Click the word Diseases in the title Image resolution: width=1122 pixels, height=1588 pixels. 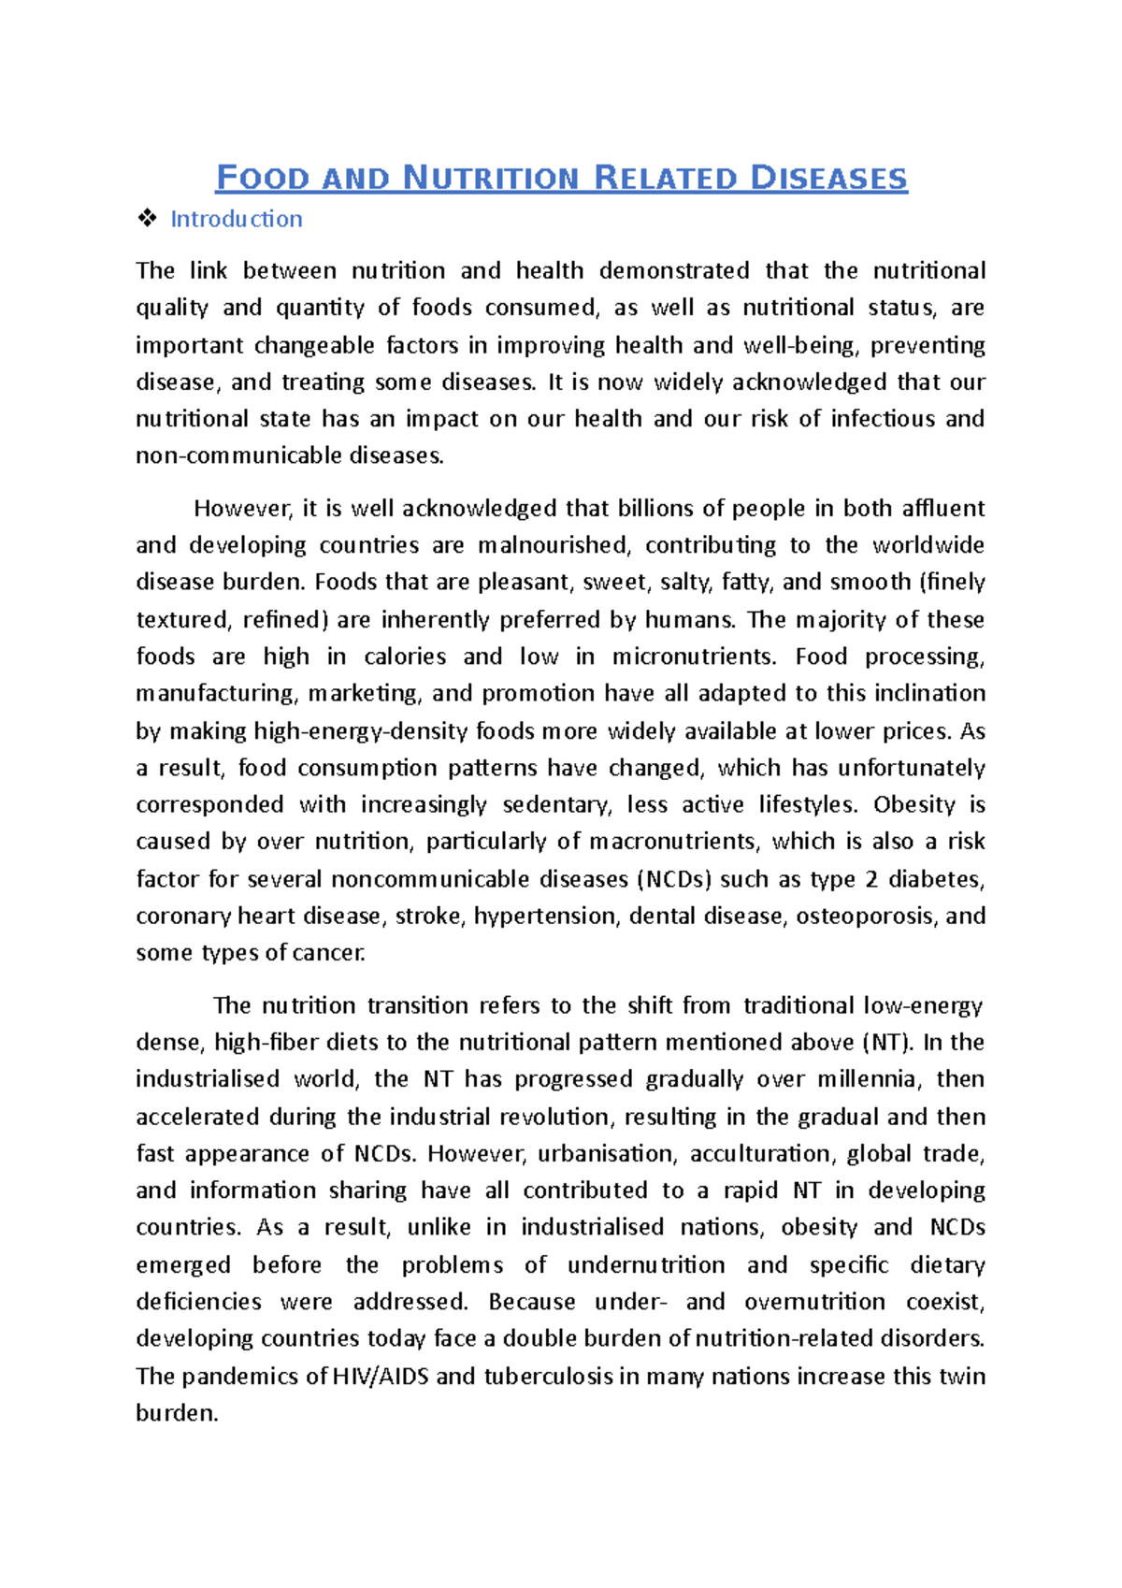[x=828, y=178]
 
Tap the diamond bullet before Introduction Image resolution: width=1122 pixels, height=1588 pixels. [x=147, y=219]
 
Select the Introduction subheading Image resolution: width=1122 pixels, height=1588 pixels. [x=236, y=219]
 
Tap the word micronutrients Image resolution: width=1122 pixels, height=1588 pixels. [x=694, y=657]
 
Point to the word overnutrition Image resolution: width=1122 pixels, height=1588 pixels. [x=814, y=1302]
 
